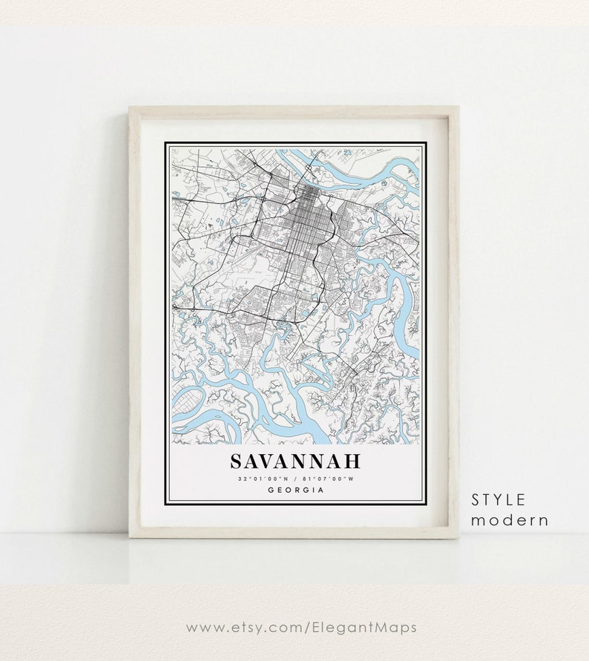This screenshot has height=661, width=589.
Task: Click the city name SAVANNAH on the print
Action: pyautogui.click(x=294, y=461)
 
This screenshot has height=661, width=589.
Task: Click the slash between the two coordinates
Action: pyautogui.click(x=295, y=479)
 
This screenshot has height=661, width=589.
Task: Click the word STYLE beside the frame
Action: pyautogui.click(x=498, y=499)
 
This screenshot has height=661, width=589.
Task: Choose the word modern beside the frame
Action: pyautogui.click(x=510, y=520)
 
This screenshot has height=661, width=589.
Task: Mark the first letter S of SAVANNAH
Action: pyautogui.click(x=236, y=461)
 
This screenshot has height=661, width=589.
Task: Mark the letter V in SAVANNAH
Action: pyautogui.click(x=269, y=461)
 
